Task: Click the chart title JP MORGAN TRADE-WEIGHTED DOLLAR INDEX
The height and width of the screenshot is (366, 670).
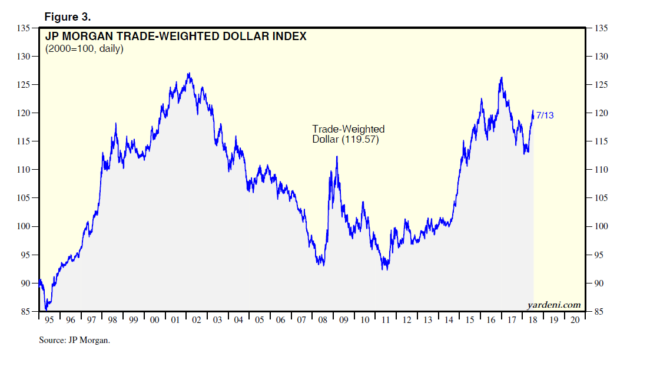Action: pos(176,37)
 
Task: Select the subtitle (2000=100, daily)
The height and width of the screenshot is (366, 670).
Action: pos(84,49)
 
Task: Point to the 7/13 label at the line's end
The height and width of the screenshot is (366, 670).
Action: pos(545,116)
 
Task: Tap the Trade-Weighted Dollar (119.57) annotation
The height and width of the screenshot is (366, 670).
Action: pos(348,134)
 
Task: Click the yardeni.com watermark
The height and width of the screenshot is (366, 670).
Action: pos(553,305)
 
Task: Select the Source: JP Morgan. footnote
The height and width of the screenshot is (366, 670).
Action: pos(75,340)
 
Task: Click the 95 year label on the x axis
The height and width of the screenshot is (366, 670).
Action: pos(49,320)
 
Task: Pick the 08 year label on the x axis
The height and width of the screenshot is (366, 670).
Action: pos(323,320)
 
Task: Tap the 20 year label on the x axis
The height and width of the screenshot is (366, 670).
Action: pos(575,320)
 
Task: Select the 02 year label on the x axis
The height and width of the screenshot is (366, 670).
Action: pos(197,320)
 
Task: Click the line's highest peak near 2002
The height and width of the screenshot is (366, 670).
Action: pos(188,74)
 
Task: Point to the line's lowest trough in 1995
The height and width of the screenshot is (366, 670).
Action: pos(46,309)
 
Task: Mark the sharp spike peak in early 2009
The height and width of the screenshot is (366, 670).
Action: pos(337,157)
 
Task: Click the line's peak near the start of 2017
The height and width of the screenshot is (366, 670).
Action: pos(501,78)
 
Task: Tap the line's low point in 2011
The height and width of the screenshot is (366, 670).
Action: pos(384,269)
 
